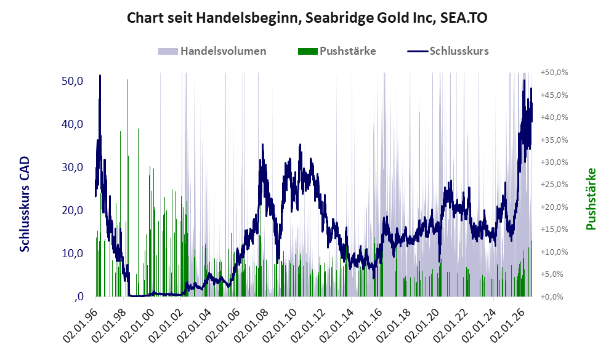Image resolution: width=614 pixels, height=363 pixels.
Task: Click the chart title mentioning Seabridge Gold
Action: (x=307, y=18)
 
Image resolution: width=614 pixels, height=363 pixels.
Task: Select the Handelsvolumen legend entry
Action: (x=212, y=51)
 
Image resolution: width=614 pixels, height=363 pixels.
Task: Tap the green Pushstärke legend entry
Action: (x=337, y=51)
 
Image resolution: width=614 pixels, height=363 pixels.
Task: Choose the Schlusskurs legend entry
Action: (x=448, y=51)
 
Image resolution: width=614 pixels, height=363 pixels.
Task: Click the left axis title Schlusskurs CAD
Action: (x=24, y=204)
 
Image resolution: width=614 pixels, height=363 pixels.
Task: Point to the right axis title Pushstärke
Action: (x=591, y=199)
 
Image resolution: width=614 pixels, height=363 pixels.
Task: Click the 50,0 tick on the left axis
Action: (x=73, y=81)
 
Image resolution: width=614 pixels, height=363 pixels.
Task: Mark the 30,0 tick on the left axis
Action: (x=73, y=167)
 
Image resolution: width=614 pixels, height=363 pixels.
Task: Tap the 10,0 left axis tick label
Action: (x=73, y=253)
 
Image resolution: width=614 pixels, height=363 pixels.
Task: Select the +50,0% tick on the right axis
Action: (x=554, y=73)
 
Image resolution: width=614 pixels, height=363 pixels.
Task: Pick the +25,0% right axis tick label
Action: (x=554, y=184)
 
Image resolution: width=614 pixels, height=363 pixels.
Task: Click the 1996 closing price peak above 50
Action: (x=100, y=76)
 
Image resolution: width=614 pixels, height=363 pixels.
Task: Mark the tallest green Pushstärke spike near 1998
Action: (x=127, y=80)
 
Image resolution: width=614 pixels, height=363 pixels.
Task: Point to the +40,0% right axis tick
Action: (x=554, y=117)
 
